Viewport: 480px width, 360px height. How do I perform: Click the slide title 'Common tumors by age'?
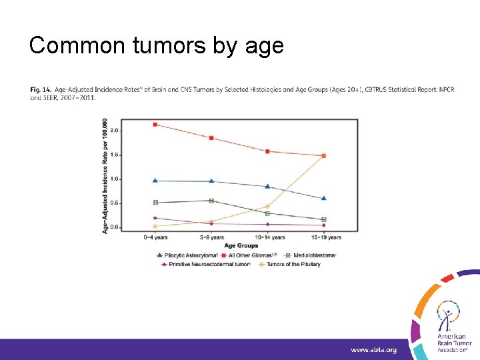click(157, 45)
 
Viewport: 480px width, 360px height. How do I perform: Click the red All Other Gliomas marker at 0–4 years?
click(155, 124)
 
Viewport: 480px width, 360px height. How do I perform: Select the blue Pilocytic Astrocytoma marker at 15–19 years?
click(324, 198)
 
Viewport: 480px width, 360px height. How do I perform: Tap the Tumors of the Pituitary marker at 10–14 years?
click(267, 206)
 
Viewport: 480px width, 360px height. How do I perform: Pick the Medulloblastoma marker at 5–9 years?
click(211, 201)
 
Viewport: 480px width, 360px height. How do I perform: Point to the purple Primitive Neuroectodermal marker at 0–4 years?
click(155, 218)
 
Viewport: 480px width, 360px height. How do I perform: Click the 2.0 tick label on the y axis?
click(114, 131)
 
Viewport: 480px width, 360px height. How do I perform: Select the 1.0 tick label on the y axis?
click(114, 179)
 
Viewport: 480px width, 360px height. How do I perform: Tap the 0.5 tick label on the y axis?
click(114, 203)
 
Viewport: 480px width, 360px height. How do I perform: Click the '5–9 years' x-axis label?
click(211, 237)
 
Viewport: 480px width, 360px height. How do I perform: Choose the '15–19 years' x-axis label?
click(324, 237)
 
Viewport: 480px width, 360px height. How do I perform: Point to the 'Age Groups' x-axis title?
click(239, 245)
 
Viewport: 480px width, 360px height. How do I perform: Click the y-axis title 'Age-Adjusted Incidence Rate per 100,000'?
click(105, 176)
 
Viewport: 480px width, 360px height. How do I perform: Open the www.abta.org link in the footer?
click(374, 349)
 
